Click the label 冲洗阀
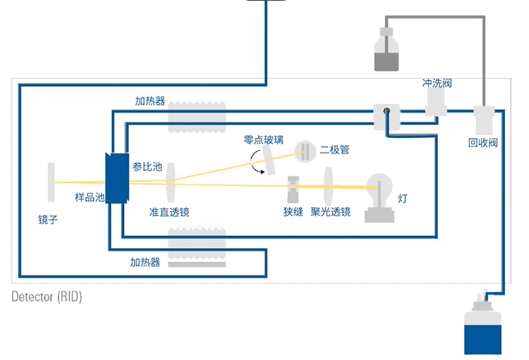[436, 82]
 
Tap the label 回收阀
[483, 142]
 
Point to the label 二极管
[335, 150]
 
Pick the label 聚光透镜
[331, 211]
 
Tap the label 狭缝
[293, 211]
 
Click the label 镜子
[48, 219]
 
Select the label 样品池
[89, 197]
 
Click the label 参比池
[147, 166]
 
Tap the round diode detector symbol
[305, 151]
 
